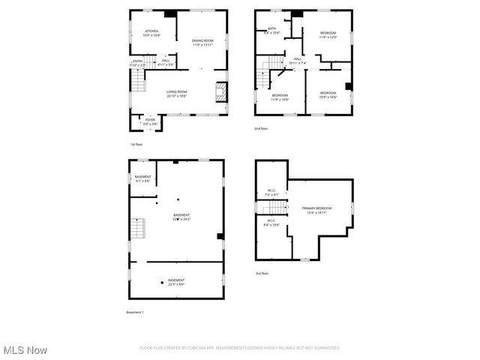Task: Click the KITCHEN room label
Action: pos(152,33)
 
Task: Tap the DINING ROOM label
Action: pos(202,43)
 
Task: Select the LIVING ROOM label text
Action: pos(176,94)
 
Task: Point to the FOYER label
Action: pos(150,121)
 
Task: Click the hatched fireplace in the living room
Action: pos(220,92)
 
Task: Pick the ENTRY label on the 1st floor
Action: pos(137,63)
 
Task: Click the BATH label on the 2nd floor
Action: pos(271,31)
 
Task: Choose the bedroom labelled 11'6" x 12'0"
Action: pos(328,34)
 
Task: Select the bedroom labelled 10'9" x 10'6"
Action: pos(328,94)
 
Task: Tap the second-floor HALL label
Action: pos(298,61)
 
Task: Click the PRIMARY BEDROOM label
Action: pos(317,210)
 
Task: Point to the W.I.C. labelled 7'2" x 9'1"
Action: pos(271,193)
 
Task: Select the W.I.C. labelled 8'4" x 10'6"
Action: pos(271,223)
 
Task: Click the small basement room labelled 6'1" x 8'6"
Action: pos(142,178)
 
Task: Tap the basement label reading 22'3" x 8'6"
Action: pos(176,282)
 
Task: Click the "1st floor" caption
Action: pos(136,144)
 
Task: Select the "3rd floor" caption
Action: pos(261,274)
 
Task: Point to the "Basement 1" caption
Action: pos(134,312)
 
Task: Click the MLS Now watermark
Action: pos(25,350)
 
